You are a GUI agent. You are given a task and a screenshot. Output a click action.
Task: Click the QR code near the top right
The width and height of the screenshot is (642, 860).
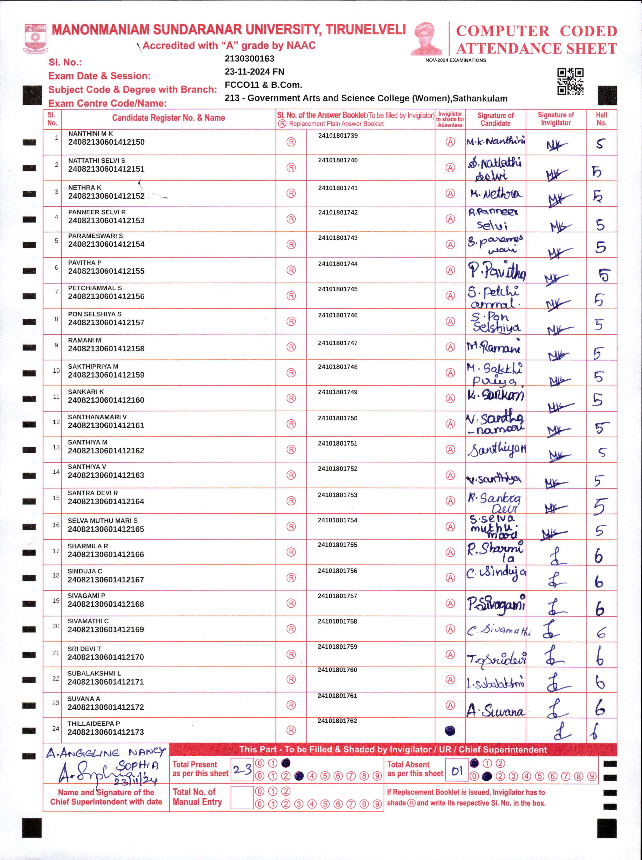(570, 82)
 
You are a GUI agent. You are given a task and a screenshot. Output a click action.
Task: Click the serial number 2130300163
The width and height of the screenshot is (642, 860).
(250, 59)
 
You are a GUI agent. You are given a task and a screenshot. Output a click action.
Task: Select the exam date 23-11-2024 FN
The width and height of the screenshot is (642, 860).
(254, 72)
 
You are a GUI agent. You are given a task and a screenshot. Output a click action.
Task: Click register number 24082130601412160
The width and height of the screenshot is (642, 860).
(106, 400)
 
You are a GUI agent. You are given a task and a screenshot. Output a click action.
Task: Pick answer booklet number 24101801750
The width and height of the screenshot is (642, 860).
(338, 418)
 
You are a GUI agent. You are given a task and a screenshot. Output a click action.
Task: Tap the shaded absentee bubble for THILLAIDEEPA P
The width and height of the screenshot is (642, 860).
(450, 731)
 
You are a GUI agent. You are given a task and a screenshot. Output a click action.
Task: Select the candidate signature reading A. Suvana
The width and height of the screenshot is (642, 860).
(496, 710)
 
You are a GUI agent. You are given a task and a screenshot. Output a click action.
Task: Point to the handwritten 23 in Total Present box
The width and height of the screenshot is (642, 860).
(242, 769)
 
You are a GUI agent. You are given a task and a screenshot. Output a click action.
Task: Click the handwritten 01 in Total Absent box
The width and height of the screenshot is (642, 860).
(457, 771)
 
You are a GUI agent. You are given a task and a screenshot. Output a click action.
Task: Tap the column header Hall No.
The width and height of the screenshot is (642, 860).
(601, 119)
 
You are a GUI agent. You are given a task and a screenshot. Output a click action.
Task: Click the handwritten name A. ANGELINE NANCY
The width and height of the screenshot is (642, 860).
(105, 753)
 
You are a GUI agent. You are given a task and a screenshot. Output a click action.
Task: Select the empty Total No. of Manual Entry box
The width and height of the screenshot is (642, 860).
(242, 797)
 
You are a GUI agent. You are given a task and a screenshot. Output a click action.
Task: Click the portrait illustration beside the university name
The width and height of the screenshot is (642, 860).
(427, 39)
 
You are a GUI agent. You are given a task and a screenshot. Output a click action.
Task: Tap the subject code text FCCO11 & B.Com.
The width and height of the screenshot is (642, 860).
(263, 85)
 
